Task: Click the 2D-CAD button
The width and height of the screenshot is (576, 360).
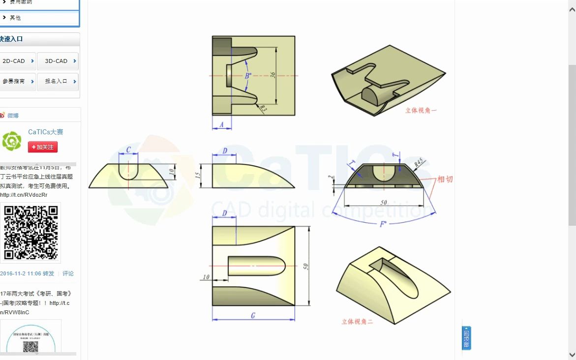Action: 17,61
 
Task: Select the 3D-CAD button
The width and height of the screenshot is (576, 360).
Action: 58,61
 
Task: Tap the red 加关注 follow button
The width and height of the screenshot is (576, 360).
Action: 43,147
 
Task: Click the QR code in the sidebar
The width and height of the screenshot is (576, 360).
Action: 31,232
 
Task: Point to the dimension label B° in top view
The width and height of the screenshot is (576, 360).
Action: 248,76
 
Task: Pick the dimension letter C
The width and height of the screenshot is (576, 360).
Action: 128,150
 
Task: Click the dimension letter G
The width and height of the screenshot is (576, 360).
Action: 253,315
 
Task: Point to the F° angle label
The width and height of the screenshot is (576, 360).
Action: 383,224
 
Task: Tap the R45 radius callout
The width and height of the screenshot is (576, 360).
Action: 419,162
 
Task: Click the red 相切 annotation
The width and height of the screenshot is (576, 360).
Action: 445,179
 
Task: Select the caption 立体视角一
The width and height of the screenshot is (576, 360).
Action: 421,111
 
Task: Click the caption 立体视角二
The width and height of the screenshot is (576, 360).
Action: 358,322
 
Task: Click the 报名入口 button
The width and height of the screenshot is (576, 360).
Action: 58,81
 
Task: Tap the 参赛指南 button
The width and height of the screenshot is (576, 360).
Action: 17,81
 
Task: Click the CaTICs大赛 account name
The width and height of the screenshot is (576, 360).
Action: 46,132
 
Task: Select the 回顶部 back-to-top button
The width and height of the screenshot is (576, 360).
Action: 466,338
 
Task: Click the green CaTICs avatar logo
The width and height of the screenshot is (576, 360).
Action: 12,141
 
